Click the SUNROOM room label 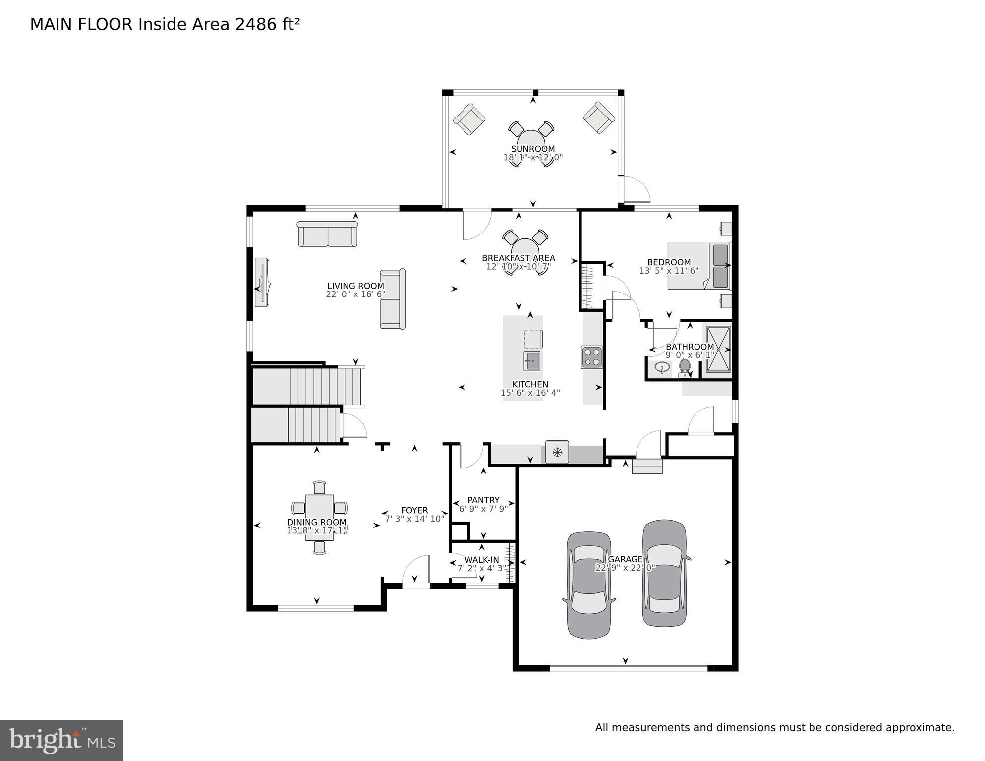click(533, 149)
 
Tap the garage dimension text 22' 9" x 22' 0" click(625, 568)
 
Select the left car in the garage click(589, 585)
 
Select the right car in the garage click(664, 573)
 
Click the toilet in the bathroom click(685, 367)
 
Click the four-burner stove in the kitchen click(592, 356)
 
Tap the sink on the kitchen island click(532, 361)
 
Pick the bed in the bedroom click(699, 266)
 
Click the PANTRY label click(483, 500)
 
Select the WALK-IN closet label click(482, 560)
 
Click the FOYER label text click(414, 510)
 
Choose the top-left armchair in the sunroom click(469, 119)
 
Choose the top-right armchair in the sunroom click(599, 117)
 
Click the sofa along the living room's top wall click(327, 234)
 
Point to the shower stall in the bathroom click(717, 349)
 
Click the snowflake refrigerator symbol click(557, 452)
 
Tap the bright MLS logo click(61, 740)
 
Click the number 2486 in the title click(256, 24)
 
